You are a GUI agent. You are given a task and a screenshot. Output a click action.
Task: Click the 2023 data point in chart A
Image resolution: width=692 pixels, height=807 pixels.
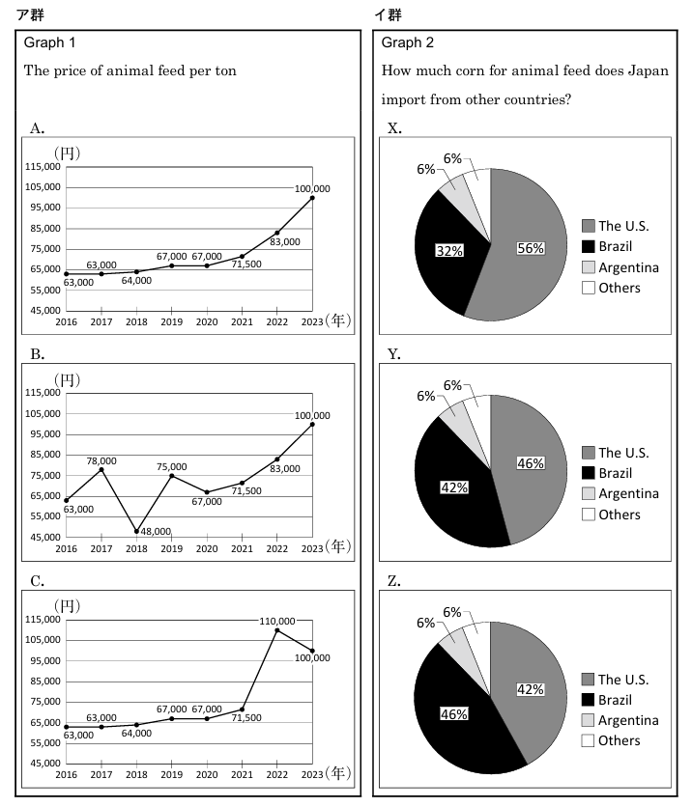(x=312, y=198)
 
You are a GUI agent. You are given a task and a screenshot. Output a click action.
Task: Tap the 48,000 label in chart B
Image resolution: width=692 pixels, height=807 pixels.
(x=155, y=531)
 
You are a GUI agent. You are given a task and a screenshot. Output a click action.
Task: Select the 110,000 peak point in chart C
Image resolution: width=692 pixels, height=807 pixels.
(x=277, y=630)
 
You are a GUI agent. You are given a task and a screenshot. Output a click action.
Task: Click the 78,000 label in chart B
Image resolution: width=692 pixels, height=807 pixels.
(x=101, y=460)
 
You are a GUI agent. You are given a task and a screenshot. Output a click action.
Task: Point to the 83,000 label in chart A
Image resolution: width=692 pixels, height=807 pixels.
(x=284, y=241)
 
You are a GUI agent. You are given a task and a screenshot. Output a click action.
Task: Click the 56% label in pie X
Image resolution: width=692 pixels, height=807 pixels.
(x=530, y=248)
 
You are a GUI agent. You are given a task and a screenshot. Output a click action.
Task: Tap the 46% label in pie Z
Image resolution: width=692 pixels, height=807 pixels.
(x=453, y=714)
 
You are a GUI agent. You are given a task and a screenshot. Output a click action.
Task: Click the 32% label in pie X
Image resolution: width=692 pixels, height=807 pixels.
(x=449, y=250)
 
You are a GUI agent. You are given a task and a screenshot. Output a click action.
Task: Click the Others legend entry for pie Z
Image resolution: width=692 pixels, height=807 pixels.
(x=619, y=740)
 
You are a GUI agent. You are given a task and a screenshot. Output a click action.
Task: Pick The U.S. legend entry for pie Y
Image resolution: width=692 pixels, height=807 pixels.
(x=622, y=453)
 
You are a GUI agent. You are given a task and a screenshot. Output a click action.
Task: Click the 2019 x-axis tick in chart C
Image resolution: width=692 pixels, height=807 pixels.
(x=172, y=774)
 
